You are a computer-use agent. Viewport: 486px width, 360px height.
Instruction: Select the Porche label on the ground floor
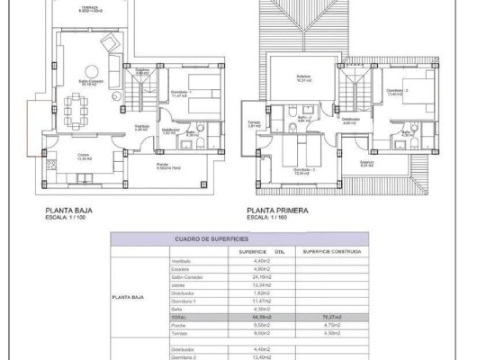[165, 166]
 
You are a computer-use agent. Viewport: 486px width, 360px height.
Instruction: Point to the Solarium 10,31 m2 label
[304, 77]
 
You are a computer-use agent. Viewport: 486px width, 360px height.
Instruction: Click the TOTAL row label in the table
[182, 318]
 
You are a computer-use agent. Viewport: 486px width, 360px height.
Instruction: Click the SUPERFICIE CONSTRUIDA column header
[331, 250]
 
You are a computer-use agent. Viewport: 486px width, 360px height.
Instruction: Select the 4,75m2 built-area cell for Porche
[330, 326]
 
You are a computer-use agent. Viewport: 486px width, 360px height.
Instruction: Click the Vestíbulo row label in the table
[182, 261]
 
